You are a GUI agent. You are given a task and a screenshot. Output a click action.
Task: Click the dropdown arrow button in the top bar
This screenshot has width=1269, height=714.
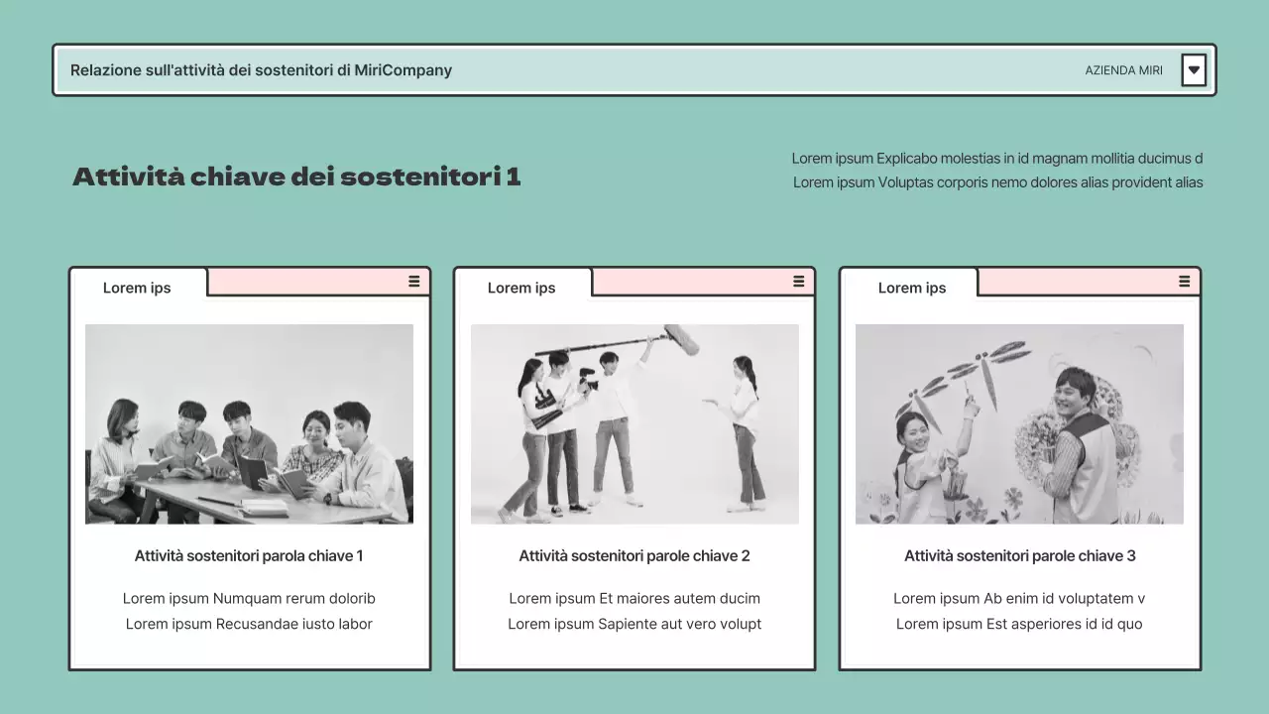pyautogui.click(x=1194, y=70)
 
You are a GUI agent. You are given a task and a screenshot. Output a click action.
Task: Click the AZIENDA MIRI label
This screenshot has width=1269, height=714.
pyautogui.click(x=1123, y=70)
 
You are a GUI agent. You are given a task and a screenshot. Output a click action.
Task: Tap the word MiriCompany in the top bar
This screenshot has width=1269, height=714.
pyautogui.click(x=403, y=70)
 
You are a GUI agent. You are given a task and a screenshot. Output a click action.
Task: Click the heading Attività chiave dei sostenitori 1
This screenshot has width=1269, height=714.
pyautogui.click(x=296, y=178)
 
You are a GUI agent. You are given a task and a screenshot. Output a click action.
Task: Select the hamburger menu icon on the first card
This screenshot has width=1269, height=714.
pyautogui.click(x=414, y=282)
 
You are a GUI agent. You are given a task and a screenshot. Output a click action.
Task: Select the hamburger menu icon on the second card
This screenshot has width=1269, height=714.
pyautogui.click(x=799, y=282)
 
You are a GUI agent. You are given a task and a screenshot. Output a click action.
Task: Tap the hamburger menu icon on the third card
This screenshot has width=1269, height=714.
pyautogui.click(x=1184, y=282)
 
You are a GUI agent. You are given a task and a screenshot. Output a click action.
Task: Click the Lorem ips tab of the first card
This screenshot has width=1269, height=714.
pyautogui.click(x=137, y=288)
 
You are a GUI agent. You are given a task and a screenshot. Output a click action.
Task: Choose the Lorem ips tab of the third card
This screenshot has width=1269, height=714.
pyautogui.click(x=911, y=288)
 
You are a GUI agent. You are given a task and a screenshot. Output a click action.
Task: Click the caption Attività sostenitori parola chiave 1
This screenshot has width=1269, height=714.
pyautogui.click(x=249, y=556)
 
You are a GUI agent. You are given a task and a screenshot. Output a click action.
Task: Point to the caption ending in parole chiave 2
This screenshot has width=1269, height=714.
pyautogui.click(x=634, y=556)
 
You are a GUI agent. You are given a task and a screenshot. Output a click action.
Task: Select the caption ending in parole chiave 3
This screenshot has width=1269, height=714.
pyautogui.click(x=1019, y=556)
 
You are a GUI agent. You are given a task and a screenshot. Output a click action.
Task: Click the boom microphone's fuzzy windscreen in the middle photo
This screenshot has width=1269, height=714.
pyautogui.click(x=681, y=339)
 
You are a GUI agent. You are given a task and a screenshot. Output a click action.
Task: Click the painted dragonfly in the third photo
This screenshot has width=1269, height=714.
pyautogui.click(x=981, y=372)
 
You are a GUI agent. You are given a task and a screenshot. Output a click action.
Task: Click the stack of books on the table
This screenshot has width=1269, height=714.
pyautogui.click(x=264, y=507)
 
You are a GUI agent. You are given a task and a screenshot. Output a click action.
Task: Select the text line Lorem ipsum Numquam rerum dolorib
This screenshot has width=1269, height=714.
pyautogui.click(x=249, y=599)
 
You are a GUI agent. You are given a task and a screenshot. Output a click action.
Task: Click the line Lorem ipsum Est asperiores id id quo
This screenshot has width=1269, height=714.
pyautogui.click(x=1019, y=625)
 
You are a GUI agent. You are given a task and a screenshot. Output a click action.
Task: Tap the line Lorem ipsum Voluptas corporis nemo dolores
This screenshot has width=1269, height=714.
pyautogui.click(x=997, y=182)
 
